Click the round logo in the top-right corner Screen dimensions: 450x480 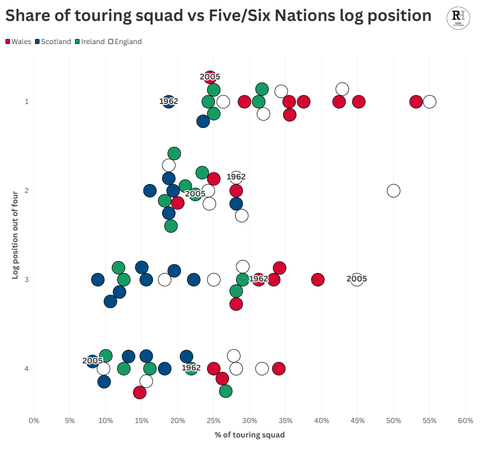(x=458, y=17)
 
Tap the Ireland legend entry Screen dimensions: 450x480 (x=90, y=42)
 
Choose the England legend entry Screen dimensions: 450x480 (x=125, y=42)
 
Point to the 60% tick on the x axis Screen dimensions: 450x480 (x=465, y=421)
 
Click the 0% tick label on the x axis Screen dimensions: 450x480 (x=33, y=421)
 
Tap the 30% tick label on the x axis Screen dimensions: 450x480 (x=249, y=421)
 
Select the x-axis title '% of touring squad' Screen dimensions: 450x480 (x=249, y=435)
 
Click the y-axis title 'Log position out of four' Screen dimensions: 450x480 (x=15, y=233)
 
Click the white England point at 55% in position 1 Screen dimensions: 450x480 (x=429, y=102)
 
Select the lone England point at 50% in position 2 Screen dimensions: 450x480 (x=393, y=190)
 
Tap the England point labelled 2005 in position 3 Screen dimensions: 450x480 (x=356, y=279)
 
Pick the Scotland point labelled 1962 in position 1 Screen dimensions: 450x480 (x=169, y=102)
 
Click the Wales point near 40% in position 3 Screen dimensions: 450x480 (x=317, y=279)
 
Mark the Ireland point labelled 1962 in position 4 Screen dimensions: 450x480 (x=191, y=368)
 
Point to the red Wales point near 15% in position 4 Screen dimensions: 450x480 (x=139, y=392)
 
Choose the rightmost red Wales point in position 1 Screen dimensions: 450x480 (x=416, y=102)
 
